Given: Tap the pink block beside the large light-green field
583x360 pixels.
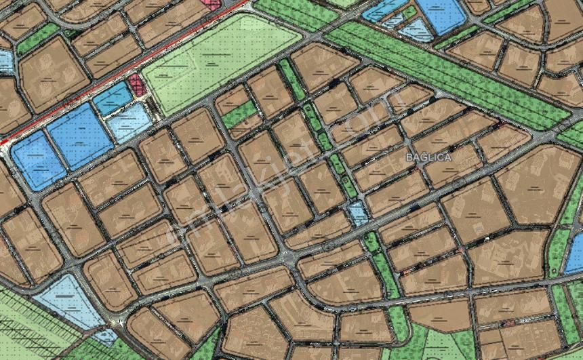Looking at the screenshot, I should pyautogui.click(x=137, y=85).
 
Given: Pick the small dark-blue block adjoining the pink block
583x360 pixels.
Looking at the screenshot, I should pyautogui.click(x=111, y=98).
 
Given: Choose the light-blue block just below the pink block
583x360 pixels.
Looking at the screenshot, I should pyautogui.click(x=129, y=122).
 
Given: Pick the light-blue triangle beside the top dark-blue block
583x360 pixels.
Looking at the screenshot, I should pyautogui.click(x=415, y=30).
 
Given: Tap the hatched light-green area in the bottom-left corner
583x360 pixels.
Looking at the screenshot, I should pyautogui.click(x=27, y=325).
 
